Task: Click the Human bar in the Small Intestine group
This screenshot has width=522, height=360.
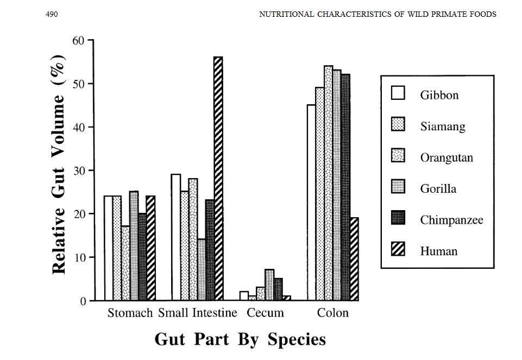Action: click(218, 179)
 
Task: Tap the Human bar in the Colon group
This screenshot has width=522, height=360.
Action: click(354, 259)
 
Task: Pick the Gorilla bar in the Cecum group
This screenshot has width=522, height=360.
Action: click(269, 285)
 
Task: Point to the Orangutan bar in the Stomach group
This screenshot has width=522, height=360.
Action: click(125, 263)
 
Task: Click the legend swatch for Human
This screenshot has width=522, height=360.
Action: click(398, 251)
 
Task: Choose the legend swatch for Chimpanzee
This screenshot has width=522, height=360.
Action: click(398, 219)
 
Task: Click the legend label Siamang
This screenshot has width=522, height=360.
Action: click(443, 127)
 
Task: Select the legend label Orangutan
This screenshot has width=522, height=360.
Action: click(446, 158)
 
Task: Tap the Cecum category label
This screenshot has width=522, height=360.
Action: click(265, 313)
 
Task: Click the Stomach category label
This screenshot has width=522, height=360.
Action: click(130, 313)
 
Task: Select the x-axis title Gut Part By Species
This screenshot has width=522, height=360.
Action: click(240, 339)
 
